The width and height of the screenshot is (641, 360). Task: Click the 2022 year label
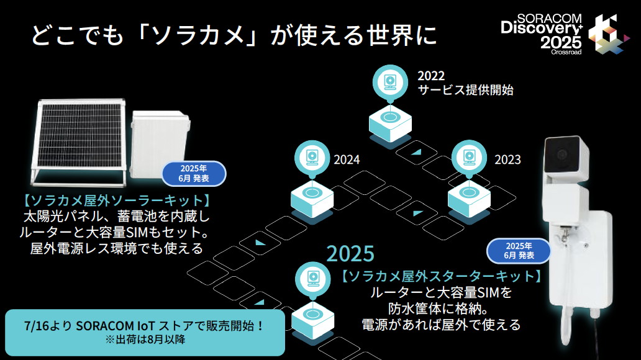point(431,76)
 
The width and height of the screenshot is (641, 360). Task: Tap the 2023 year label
point(507,160)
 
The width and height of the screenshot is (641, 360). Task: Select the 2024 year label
point(347,160)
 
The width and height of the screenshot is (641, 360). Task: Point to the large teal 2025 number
point(350,253)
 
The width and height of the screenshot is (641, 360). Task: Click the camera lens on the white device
point(562,154)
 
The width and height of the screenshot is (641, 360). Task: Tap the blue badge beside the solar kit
point(194,173)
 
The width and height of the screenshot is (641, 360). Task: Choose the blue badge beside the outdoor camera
point(519,250)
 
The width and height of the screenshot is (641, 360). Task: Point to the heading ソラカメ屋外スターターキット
point(441,275)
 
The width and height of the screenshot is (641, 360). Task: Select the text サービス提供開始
point(465,90)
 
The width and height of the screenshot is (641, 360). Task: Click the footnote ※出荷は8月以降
point(145,340)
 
